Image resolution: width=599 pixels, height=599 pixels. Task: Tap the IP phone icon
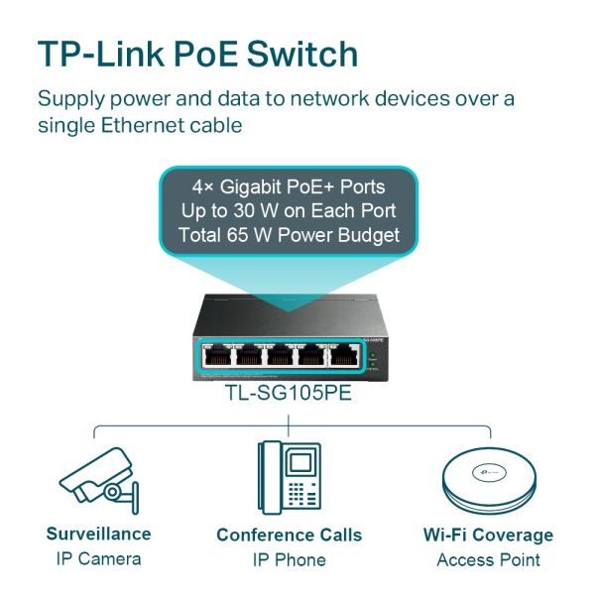point(289,476)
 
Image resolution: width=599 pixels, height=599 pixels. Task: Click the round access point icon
point(487,478)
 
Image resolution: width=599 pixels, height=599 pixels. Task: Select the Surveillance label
point(98,534)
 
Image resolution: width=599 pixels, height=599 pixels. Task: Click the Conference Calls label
point(289,536)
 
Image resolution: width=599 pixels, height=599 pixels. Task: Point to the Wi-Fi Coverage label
point(488,536)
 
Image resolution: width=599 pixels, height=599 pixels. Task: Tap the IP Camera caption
point(98,558)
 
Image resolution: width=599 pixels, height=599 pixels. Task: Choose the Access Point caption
point(488,559)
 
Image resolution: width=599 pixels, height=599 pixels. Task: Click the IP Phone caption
point(289,559)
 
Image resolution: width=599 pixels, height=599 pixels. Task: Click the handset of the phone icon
point(268,476)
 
